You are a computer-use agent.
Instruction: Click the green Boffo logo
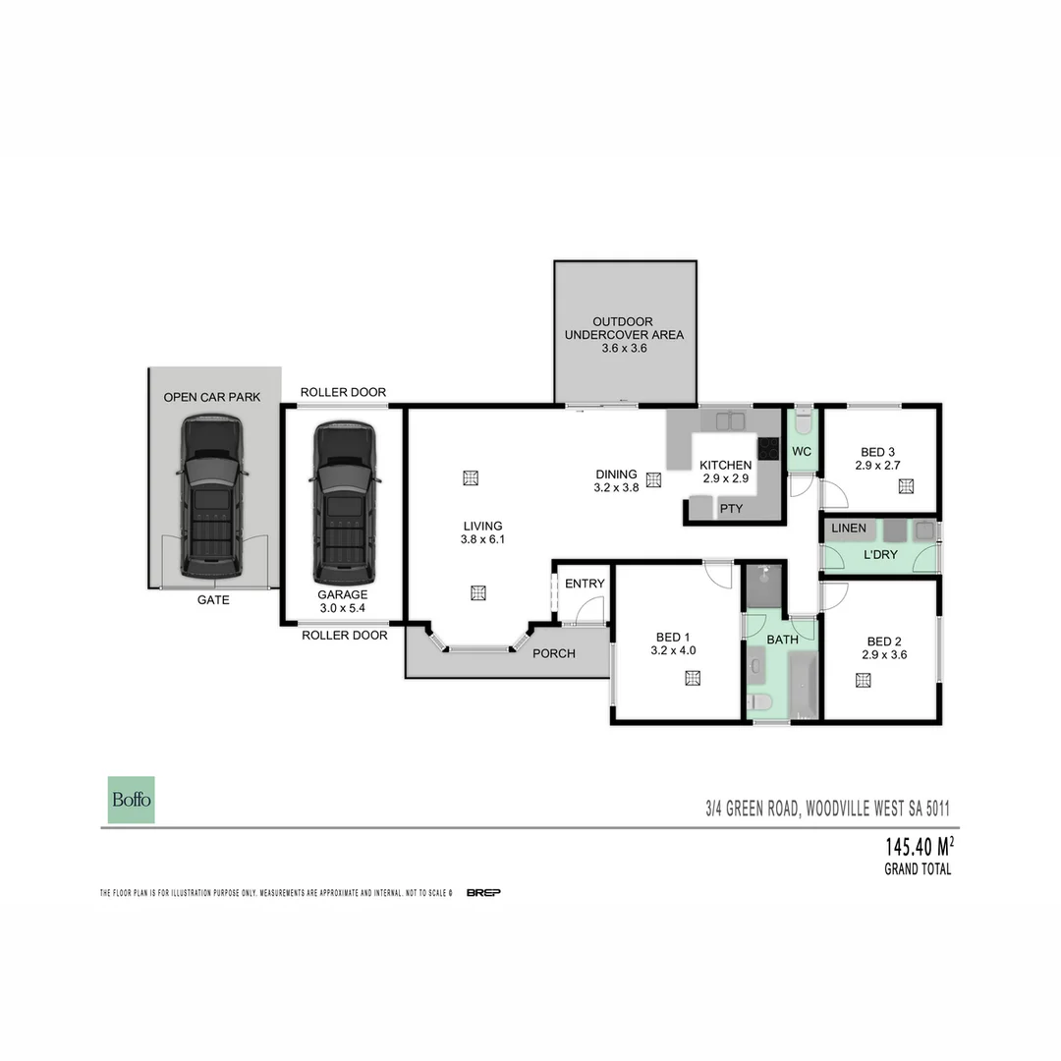[x=131, y=800]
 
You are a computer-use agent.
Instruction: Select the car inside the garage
[x=343, y=502]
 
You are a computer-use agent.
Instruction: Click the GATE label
[x=213, y=599]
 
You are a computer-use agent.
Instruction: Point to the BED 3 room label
[x=877, y=451]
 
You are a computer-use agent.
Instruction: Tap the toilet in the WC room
[x=802, y=423]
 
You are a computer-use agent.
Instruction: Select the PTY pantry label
[x=731, y=509]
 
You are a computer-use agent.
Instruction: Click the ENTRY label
[x=585, y=584]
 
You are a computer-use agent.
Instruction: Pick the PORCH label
[x=554, y=653]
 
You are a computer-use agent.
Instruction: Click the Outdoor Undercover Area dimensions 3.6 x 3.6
[x=624, y=348]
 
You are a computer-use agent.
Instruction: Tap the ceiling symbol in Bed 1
[x=693, y=677]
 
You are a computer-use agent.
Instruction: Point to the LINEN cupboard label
[x=849, y=529]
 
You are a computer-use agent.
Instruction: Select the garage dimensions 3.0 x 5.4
[x=342, y=608]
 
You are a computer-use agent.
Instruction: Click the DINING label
[x=616, y=474]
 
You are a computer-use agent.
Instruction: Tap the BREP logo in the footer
[x=484, y=892]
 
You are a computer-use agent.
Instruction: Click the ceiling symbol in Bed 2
[x=864, y=678]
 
